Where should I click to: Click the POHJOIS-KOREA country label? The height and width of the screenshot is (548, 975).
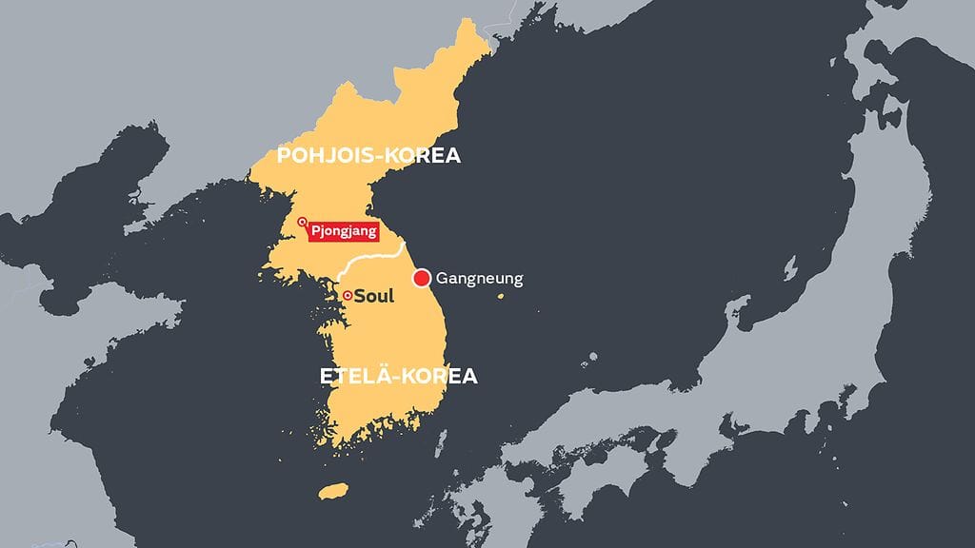(x=368, y=156)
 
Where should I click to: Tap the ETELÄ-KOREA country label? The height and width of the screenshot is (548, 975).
(x=398, y=376)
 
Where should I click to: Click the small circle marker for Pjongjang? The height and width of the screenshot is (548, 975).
(x=303, y=223)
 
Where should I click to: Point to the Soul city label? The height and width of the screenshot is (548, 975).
(x=373, y=296)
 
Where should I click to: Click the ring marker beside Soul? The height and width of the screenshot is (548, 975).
(x=348, y=296)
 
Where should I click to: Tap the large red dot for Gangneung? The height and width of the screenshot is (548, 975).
(x=420, y=279)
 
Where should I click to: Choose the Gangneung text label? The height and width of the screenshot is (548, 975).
(x=479, y=279)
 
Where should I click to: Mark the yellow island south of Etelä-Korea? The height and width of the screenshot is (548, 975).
(x=331, y=492)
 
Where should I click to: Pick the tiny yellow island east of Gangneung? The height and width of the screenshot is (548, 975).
(x=501, y=297)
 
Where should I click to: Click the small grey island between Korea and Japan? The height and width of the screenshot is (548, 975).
(x=592, y=358)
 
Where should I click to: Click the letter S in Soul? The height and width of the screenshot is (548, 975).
(x=359, y=296)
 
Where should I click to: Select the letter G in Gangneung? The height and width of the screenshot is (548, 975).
(x=442, y=279)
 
